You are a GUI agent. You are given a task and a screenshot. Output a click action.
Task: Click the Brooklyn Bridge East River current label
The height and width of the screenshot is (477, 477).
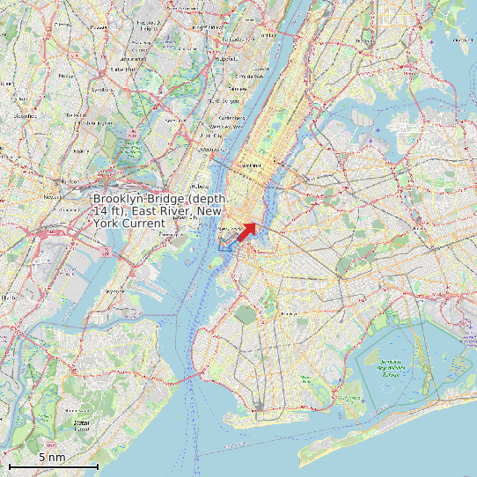click(158, 211)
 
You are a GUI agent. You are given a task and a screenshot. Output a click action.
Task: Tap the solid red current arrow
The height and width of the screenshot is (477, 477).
click(246, 231)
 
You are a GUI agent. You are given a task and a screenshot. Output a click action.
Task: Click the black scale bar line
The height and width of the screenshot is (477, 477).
click(53, 465)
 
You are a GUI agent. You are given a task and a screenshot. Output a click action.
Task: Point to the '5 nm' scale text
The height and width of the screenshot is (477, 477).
click(52, 457)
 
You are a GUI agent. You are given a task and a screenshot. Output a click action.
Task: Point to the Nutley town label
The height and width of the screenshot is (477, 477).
click(65, 76)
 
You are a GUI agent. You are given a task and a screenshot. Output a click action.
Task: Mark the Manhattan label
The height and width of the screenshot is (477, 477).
click(252, 165)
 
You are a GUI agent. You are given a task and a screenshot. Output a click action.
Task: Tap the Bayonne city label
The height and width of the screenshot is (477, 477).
click(114, 290)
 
